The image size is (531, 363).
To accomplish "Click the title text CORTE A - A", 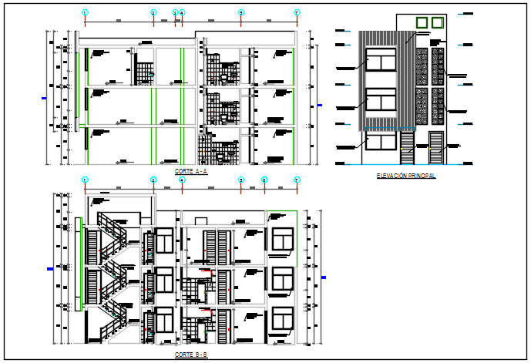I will tap(190, 171).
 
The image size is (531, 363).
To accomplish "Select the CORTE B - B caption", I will tap(190, 355).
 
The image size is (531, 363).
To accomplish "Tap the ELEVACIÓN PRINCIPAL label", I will tap(406, 176).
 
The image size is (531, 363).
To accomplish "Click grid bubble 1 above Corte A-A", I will tap(85, 12).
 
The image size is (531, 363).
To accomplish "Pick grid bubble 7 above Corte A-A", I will tap(297, 12).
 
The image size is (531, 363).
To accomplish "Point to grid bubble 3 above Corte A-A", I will tap(175, 12).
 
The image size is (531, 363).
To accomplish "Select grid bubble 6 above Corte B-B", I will tap(264, 180).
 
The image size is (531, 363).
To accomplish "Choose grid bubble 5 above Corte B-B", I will tap(241, 180).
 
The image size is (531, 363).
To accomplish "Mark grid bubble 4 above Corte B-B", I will tap(182, 180).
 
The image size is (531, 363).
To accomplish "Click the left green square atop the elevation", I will tap(421, 22).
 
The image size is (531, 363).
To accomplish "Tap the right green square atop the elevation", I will tap(437, 22).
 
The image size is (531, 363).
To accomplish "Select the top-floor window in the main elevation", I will tap(380, 61).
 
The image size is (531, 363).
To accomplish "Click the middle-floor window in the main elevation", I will tap(380, 101).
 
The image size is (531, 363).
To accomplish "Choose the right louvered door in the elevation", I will tap(436, 148).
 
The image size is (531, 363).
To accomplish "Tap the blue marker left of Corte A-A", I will tap(44, 98).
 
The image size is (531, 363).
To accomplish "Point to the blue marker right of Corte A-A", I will tap(320, 106).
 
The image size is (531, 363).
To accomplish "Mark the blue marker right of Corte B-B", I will tap(324, 277).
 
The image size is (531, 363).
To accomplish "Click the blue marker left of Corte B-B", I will tap(51, 269).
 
